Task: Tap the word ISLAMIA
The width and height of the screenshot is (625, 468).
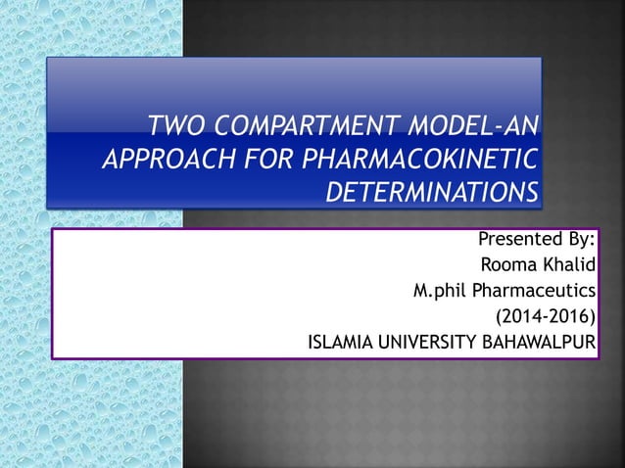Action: point(342,342)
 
